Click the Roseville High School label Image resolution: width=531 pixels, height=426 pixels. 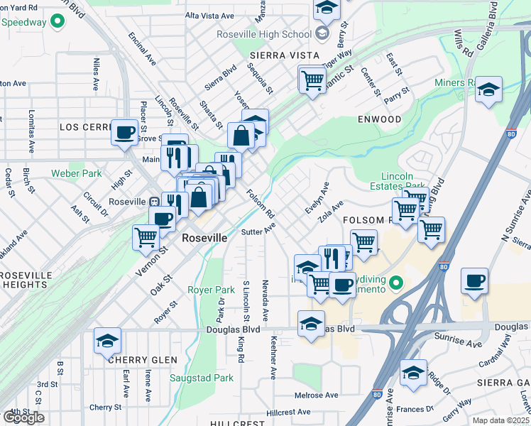pos(264,34)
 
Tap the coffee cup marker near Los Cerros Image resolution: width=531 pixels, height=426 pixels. pos(125,132)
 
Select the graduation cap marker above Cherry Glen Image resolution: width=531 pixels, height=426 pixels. pos(107,341)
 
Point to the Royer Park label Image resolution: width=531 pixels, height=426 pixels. pos(211,290)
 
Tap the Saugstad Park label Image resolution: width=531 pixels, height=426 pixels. pos(201,378)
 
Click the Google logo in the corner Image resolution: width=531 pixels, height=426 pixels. pos(23,417)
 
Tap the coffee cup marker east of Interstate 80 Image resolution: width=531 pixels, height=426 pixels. pos(475,280)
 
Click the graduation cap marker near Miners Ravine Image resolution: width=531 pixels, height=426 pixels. pos(488,89)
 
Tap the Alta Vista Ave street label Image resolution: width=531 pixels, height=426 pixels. pos(209,15)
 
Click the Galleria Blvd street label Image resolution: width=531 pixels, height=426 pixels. pos(493,21)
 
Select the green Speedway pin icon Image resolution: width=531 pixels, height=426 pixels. pos(58,22)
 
